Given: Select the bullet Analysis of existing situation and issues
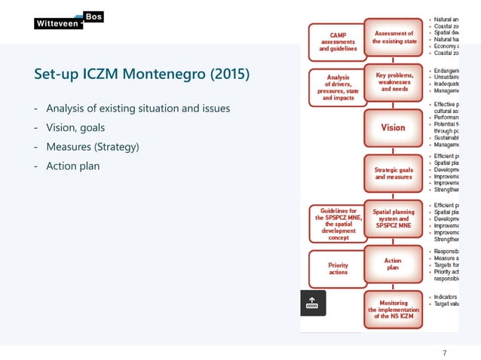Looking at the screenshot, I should pyautogui.click(x=136, y=110).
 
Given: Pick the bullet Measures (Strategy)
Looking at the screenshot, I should pyautogui.click(x=93, y=147).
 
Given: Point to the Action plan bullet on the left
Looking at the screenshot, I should pyautogui.click(x=72, y=166).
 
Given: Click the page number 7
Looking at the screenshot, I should pyautogui.click(x=445, y=353).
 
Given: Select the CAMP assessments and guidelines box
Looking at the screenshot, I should pyautogui.click(x=334, y=42).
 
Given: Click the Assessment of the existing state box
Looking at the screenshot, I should pyautogui.click(x=393, y=38).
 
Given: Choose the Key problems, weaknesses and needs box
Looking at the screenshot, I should pyautogui.click(x=393, y=82).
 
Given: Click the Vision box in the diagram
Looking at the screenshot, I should pyautogui.click(x=393, y=127).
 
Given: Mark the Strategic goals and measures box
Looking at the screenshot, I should pyautogui.click(x=393, y=173).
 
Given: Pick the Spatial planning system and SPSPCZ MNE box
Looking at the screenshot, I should pyautogui.click(x=393, y=219).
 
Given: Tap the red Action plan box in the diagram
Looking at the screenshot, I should pyautogui.click(x=393, y=264).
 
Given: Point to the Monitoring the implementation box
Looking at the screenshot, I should pyautogui.click(x=393, y=309).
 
